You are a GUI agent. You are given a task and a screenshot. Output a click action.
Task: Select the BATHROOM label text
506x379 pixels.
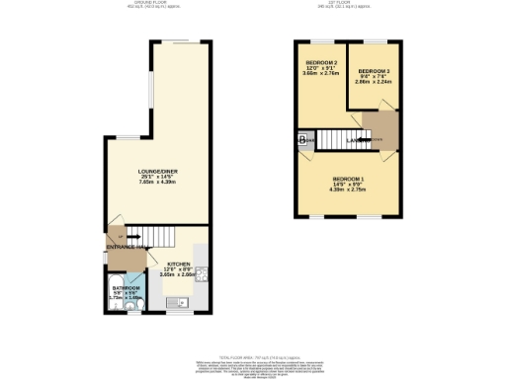[125, 287]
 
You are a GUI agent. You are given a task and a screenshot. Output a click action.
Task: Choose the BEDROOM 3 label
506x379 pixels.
[375, 71]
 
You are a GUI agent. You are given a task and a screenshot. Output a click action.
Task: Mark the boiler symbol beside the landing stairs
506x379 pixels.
[300, 140]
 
